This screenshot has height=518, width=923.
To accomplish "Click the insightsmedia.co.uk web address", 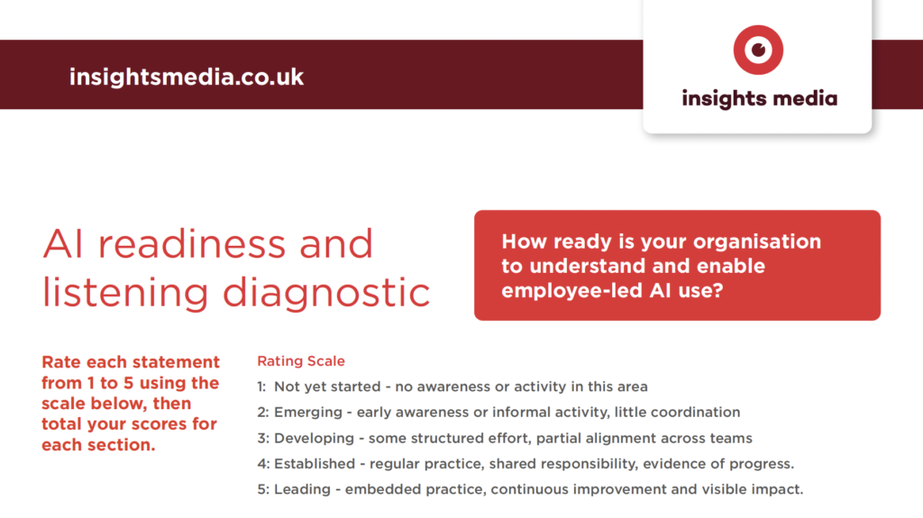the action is [187, 77].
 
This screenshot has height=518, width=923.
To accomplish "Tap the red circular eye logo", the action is [758, 50].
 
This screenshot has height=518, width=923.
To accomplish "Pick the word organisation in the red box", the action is [757, 242].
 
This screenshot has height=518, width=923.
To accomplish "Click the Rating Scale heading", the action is [301, 361].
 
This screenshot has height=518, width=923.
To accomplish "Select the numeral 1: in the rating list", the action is [261, 386].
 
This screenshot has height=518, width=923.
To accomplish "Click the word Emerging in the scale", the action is [308, 413].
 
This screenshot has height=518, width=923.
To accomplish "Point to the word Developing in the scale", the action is [315, 439].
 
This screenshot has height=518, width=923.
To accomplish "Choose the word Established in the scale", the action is [315, 464].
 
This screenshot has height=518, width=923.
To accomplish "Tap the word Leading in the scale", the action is [303, 490].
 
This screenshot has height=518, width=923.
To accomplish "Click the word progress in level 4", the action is [762, 465].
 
